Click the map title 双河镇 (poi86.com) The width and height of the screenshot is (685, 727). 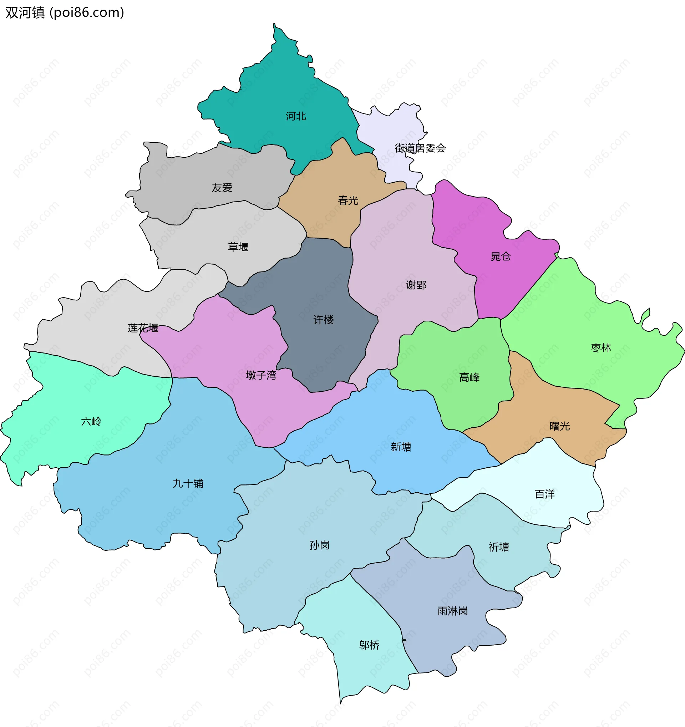tap(65, 13)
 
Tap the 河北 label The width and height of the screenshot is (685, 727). tap(296, 116)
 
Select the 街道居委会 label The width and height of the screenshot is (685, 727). tap(420, 148)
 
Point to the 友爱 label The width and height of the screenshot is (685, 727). tap(222, 188)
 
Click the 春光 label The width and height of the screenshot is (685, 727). tap(348, 200)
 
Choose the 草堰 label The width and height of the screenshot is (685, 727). tap(238, 247)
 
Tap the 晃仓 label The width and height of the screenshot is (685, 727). tap(500, 256)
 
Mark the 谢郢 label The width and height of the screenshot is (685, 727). tap(416, 285)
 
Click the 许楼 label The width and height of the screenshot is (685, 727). tap(323, 320)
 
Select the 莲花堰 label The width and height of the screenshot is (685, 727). tap(143, 328)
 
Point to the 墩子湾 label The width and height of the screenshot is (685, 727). tap(261, 375)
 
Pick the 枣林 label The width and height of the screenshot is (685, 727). tap(601, 347)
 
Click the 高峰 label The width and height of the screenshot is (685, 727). tap(469, 377)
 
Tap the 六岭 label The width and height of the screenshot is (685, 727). tap(91, 421)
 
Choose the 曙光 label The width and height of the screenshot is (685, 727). tap(559, 426)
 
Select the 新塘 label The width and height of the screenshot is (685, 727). tap(401, 447)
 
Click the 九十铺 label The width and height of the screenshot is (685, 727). tap(188, 483)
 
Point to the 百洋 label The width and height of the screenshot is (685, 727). tap(544, 494)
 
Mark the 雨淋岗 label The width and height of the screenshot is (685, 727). tap(452, 611)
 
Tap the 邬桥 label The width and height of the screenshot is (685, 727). tap(369, 645)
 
